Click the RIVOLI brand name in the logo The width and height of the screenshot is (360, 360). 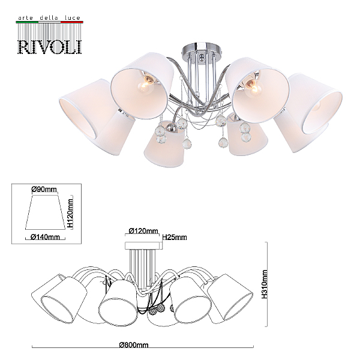click(49, 47)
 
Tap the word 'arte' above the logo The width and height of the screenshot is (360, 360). click(25, 18)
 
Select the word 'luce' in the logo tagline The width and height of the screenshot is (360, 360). click(73, 18)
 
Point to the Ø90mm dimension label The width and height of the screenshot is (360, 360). click(44, 190)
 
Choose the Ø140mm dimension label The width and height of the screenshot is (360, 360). click(45, 237)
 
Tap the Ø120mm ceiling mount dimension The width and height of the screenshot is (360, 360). click(143, 230)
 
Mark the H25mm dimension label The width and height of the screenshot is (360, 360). click(175, 237)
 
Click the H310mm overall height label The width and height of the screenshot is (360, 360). click(265, 284)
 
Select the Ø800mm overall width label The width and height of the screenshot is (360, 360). click(134, 344)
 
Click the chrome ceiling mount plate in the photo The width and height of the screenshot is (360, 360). click(202, 48)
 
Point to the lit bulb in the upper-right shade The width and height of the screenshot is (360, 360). click(253, 87)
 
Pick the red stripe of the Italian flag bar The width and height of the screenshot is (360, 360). click(71, 22)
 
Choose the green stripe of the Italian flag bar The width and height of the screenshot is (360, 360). click(27, 22)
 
